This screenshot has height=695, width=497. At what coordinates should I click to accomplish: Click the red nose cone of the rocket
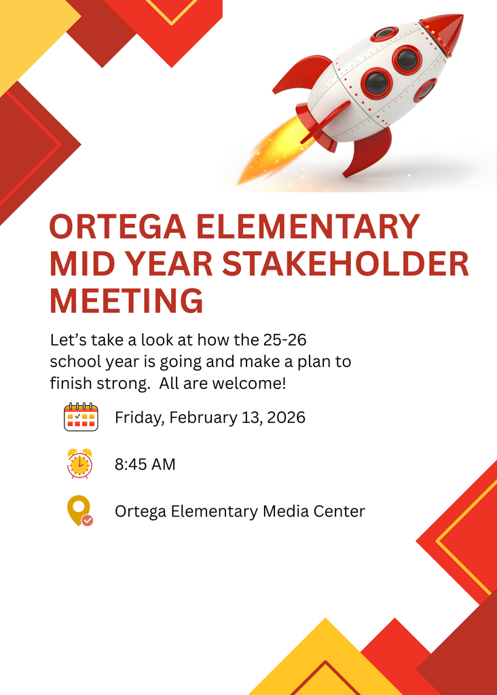(x=444, y=33)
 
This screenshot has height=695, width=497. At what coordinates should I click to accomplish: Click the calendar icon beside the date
(x=81, y=417)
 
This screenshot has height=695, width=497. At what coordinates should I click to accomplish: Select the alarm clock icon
(x=80, y=464)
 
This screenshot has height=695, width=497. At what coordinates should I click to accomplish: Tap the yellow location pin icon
(x=79, y=509)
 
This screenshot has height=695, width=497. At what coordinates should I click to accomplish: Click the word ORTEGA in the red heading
(x=117, y=227)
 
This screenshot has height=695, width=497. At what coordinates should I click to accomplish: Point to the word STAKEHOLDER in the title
(x=346, y=264)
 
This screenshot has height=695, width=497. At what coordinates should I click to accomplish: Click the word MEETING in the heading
(x=126, y=301)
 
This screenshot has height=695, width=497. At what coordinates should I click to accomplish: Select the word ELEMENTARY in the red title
(x=308, y=227)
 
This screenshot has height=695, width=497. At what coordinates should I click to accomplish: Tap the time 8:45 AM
(x=145, y=464)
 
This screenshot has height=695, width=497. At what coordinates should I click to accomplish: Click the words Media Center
(x=314, y=511)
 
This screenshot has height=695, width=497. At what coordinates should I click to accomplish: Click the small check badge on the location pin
(x=88, y=521)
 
